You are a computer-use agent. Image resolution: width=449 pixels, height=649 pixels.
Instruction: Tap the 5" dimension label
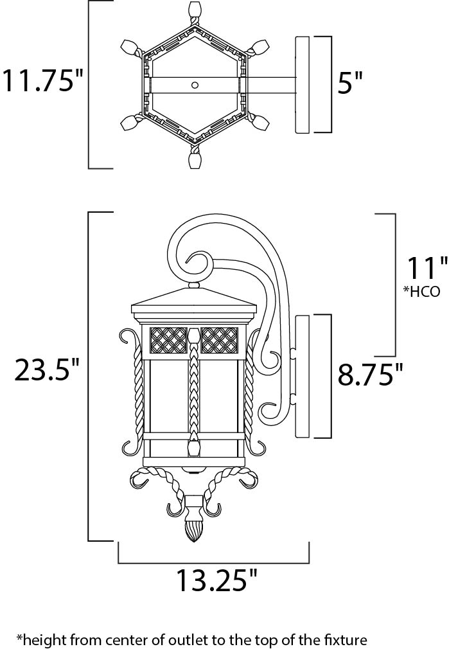350,82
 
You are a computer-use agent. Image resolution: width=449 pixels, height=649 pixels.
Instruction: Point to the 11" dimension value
427,267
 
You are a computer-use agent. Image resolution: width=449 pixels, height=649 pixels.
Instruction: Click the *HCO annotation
421,291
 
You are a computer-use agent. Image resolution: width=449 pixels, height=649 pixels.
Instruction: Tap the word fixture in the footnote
346,639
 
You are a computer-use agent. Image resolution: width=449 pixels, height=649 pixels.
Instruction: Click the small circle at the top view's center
195,85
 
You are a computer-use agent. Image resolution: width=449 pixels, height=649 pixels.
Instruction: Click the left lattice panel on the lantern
168,340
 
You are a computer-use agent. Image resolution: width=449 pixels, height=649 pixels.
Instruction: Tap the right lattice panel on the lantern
219,340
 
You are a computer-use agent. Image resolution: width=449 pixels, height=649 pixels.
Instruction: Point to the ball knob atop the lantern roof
194,285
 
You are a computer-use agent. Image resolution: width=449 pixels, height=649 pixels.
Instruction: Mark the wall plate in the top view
303,84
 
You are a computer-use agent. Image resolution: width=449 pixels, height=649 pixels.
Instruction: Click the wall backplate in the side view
303,377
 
